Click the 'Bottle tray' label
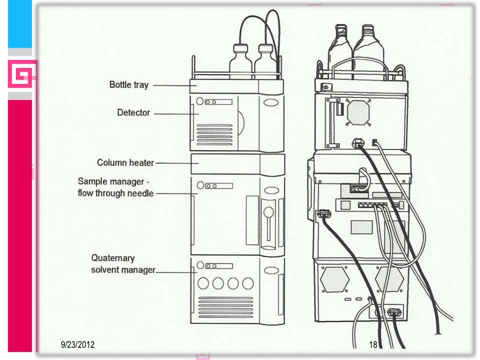(x=128, y=85)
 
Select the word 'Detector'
(x=133, y=113)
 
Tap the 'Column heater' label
(x=125, y=163)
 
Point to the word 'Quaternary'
(x=112, y=258)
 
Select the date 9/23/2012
(x=78, y=345)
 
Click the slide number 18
(x=373, y=345)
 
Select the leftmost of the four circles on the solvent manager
(x=203, y=283)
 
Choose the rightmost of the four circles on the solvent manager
(x=247, y=283)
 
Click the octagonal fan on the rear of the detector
(x=359, y=112)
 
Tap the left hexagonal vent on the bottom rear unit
(x=335, y=280)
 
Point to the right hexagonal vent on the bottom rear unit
(x=389, y=280)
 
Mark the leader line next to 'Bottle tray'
(x=170, y=86)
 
